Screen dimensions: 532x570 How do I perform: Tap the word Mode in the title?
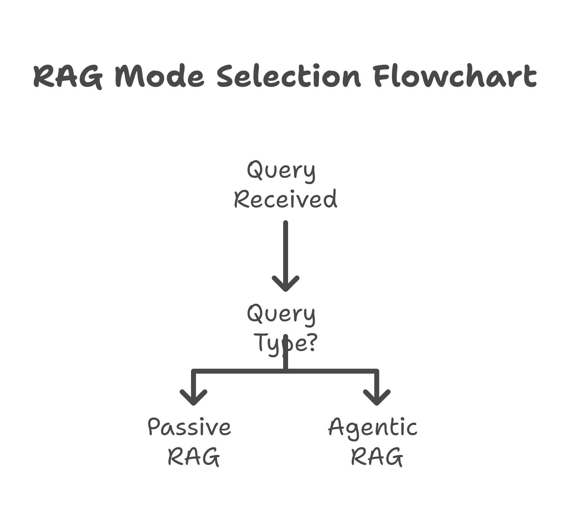tap(159, 76)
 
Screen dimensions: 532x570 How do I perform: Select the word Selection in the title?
tap(288, 76)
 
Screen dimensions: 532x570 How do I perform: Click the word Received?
tap(285, 199)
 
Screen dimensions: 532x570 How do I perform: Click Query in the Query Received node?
tap(281, 171)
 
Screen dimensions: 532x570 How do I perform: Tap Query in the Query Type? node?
tap(281, 314)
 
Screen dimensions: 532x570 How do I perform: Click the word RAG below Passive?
tap(194, 457)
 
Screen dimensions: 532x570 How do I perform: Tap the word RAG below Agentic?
tap(377, 457)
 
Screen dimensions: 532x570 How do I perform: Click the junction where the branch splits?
tap(285, 371)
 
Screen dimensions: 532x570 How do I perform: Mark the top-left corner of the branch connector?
tap(194, 371)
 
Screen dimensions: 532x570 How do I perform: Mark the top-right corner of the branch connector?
tap(376, 371)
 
